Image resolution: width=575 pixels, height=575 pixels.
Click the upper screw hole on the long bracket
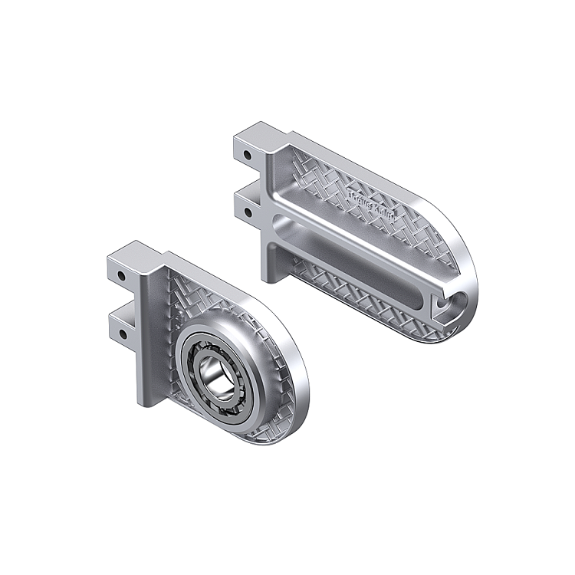click(x=248, y=156)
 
